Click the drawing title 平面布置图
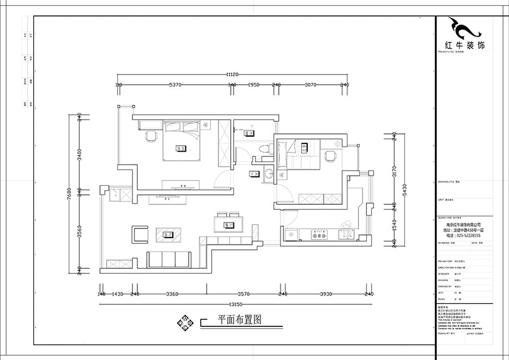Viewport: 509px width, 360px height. tap(239, 319)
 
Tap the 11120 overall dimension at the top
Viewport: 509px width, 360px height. tap(231, 75)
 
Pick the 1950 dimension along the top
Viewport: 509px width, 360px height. tap(254, 85)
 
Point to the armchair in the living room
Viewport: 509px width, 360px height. tap(140, 234)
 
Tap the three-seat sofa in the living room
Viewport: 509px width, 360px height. tap(169, 259)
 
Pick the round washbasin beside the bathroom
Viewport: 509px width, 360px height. tap(269, 173)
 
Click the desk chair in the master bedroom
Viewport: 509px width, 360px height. tap(150, 137)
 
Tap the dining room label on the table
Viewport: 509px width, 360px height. tap(228, 224)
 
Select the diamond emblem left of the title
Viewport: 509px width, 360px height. tap(185, 322)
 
